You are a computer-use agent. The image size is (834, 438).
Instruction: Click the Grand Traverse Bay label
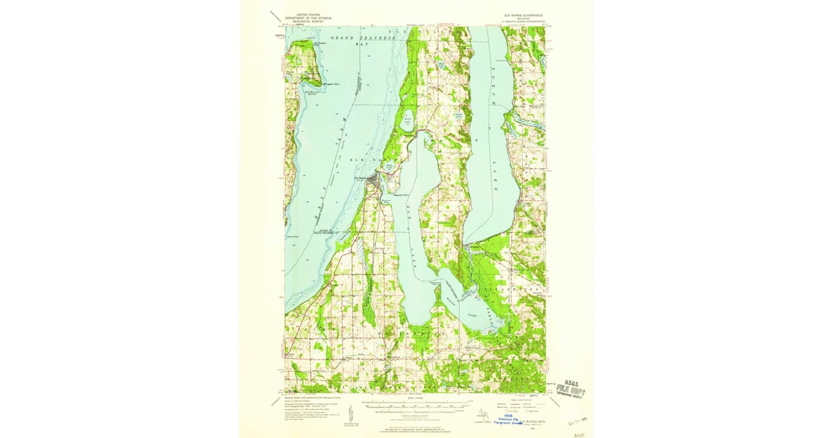361,39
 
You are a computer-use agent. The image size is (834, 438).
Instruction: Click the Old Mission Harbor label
311,91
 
